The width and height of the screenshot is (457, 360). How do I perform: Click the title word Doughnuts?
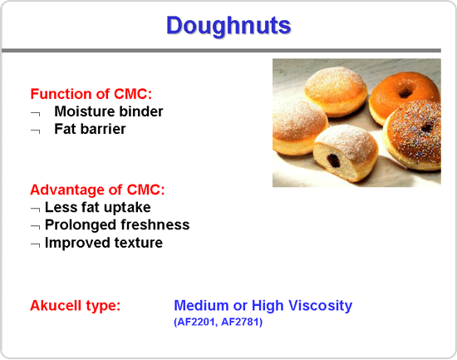click(x=228, y=26)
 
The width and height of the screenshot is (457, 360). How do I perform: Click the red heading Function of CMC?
click(x=91, y=94)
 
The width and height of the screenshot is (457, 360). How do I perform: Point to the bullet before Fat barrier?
click(x=35, y=131)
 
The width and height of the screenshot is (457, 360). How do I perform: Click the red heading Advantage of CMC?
click(x=97, y=190)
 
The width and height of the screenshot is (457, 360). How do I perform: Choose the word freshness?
click(x=155, y=225)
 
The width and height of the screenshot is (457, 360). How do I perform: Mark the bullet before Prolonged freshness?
click(x=35, y=227)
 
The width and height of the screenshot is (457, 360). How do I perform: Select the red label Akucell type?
click(x=75, y=306)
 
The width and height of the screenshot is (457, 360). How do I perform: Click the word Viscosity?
click(x=320, y=306)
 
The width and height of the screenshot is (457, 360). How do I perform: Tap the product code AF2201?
click(x=195, y=322)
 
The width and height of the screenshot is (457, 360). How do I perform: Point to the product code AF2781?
click(x=240, y=322)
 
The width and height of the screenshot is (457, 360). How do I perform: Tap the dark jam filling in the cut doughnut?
click(x=333, y=160)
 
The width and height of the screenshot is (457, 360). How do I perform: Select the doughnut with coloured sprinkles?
click(x=414, y=135)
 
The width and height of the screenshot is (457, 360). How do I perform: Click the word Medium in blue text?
click(x=201, y=305)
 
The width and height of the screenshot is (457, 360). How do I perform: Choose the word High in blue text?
click(x=268, y=306)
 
